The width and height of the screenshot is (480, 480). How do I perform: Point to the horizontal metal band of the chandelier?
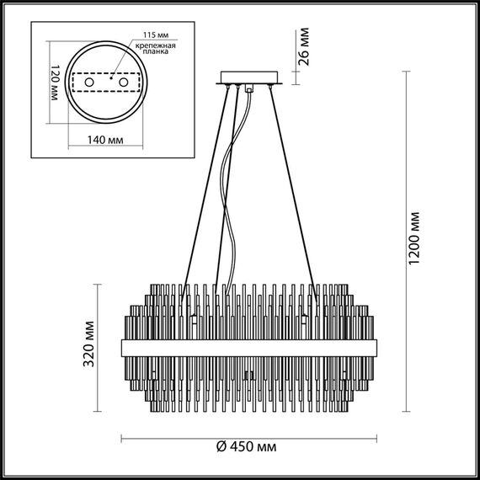coord(249,346)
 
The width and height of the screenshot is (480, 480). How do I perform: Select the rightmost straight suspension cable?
coord(295,194)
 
